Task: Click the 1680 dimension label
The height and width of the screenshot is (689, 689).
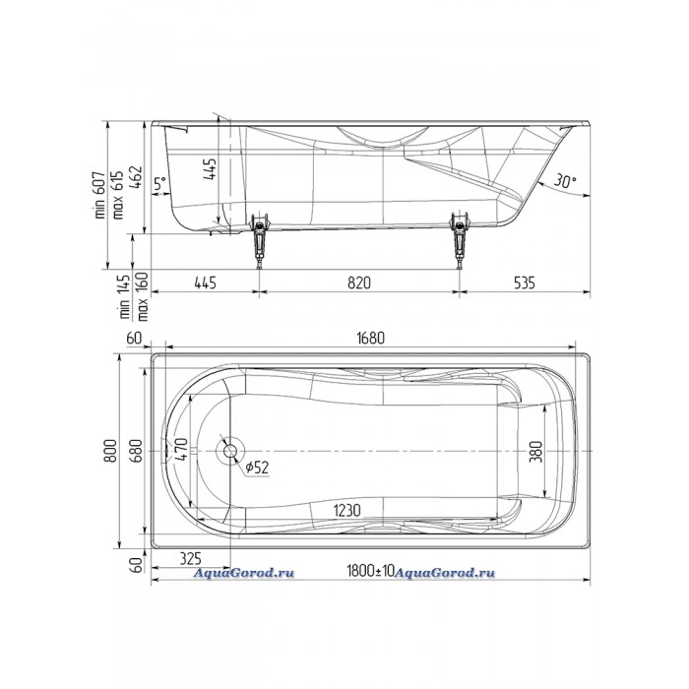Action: coord(370,338)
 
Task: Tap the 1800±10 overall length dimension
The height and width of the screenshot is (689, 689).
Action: coord(371,571)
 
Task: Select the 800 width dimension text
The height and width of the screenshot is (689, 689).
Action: coord(110,451)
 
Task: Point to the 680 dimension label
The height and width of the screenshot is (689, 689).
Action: coord(136,451)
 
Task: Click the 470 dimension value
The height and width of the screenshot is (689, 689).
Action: coord(181,449)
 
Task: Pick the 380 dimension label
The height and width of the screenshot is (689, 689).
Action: coord(536,451)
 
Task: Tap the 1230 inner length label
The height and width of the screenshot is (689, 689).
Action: coord(347,510)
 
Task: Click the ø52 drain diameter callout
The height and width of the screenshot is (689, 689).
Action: coord(256,468)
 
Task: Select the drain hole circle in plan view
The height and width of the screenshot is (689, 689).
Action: coord(228,451)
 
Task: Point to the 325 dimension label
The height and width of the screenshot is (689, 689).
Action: coord(190,559)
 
